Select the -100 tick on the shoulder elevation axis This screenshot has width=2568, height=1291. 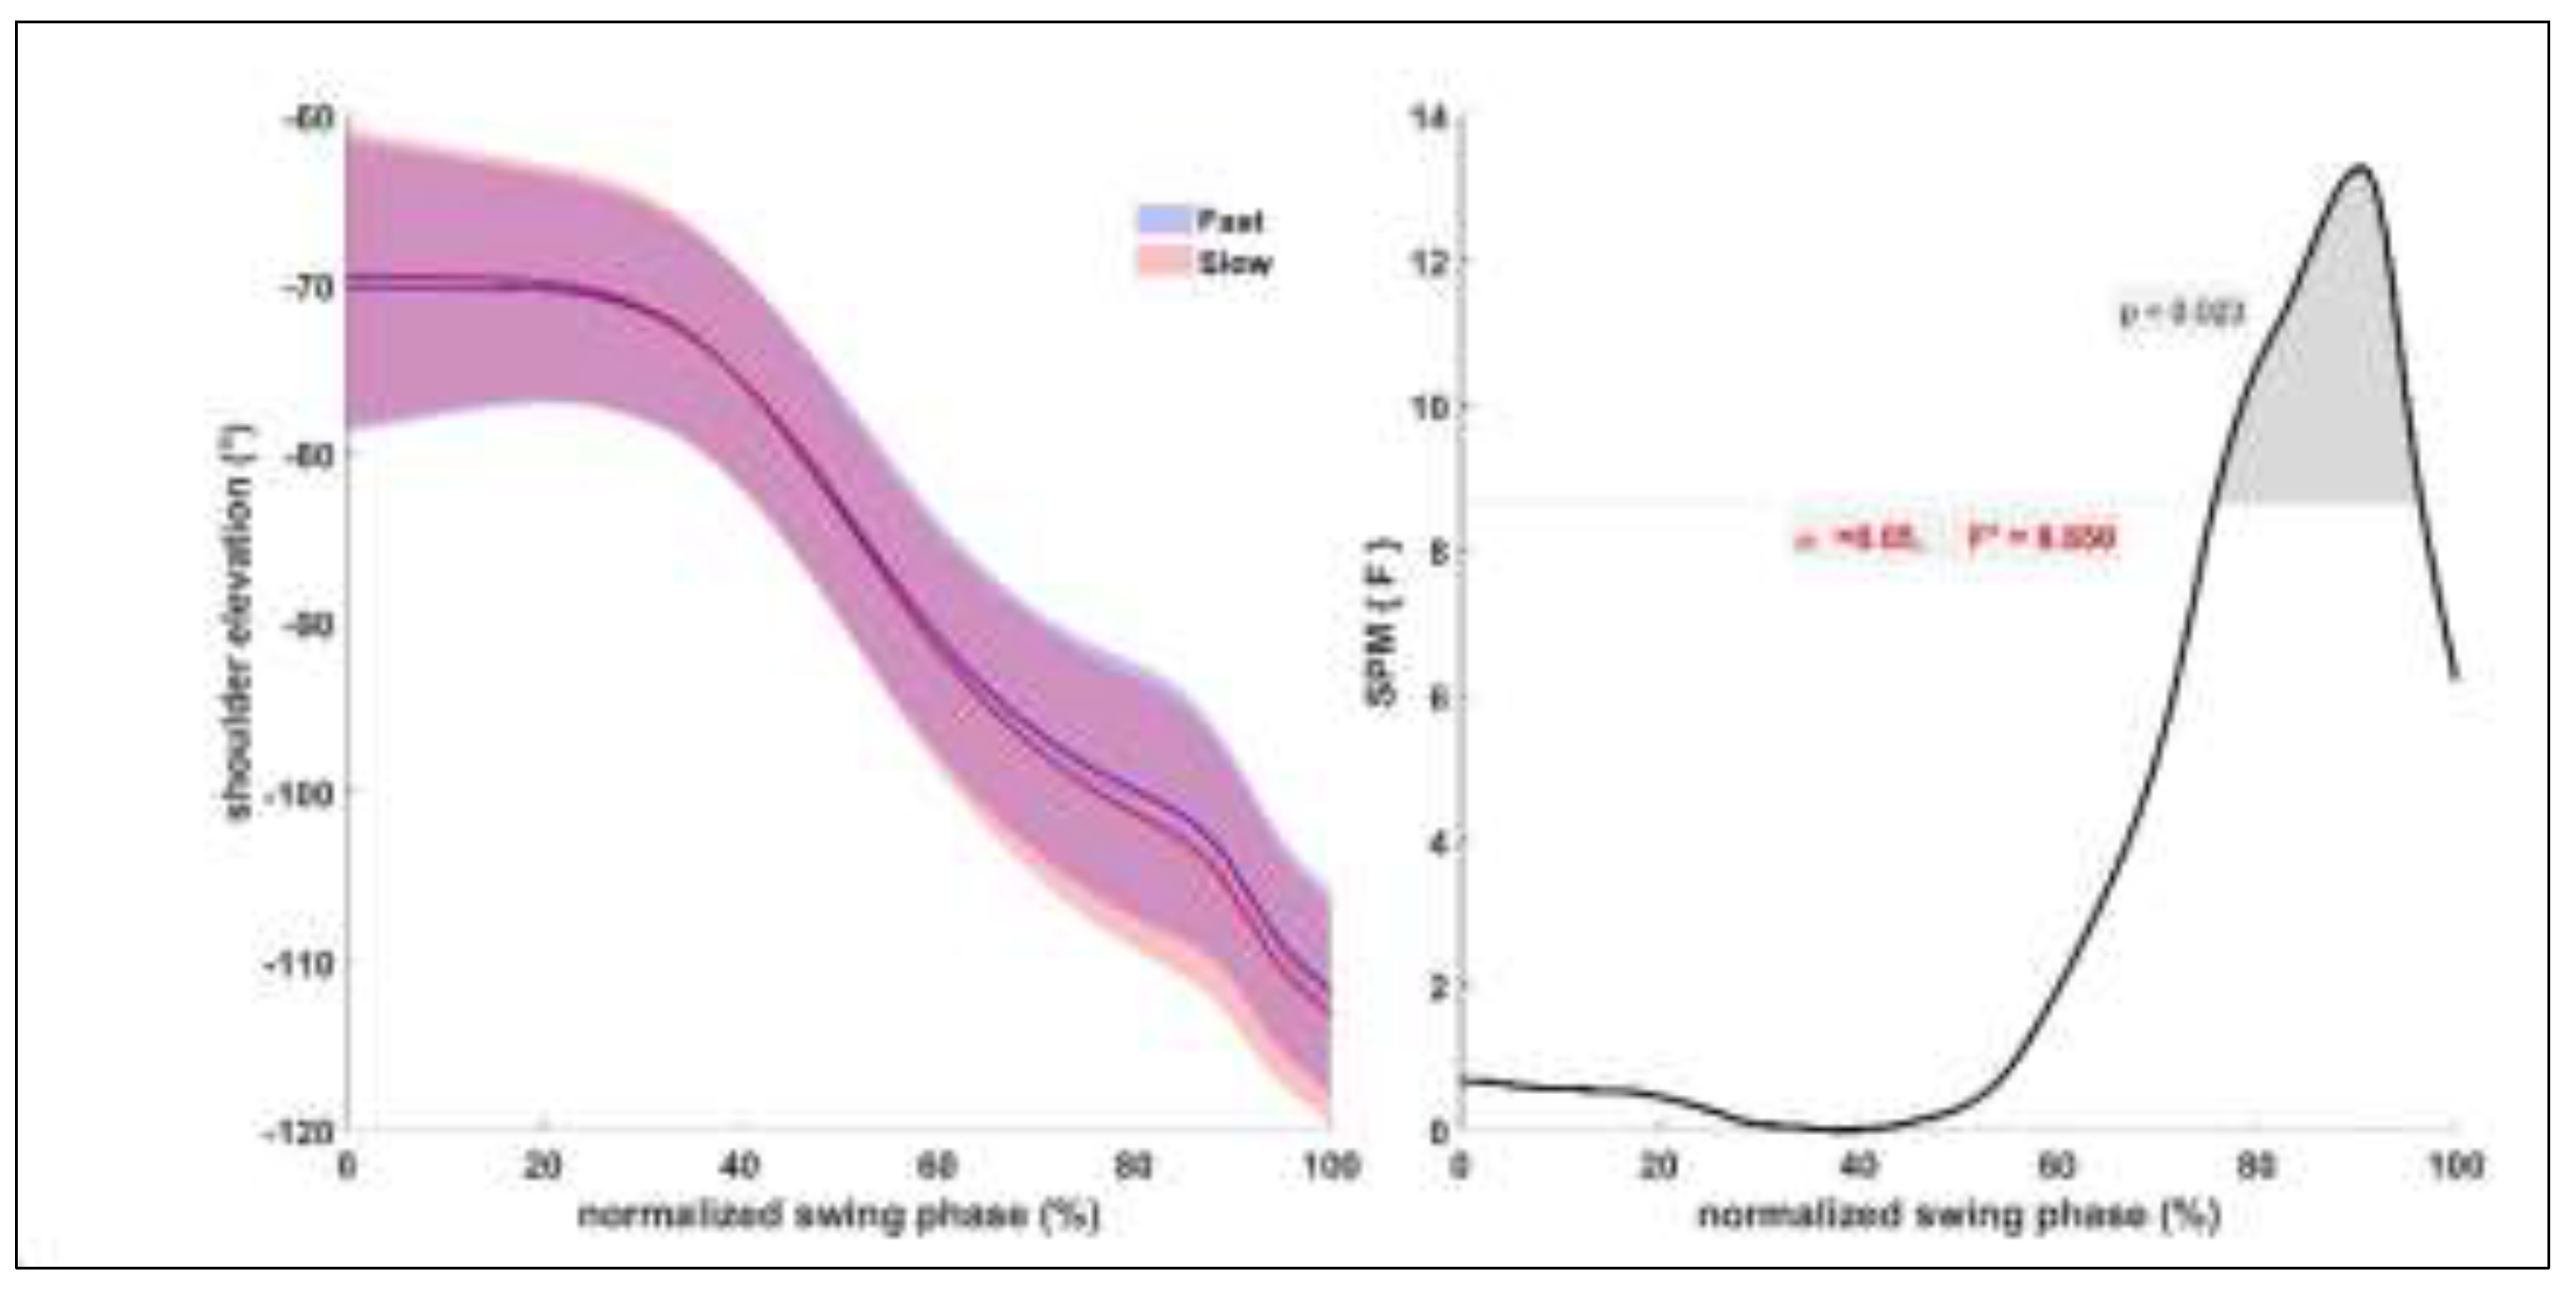[x=297, y=793]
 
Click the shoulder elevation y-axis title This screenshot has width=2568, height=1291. [x=240, y=623]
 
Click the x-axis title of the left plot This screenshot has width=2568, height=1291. [x=837, y=1215]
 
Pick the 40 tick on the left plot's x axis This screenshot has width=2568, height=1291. [x=739, y=1164]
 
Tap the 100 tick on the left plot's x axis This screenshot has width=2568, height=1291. [x=1330, y=1164]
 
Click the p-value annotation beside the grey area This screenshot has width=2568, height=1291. [x=2181, y=314]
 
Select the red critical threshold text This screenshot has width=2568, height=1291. [x=1954, y=539]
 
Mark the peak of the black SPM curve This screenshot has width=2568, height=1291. [x=2361, y=166]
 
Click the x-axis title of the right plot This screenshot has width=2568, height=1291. [x=1959, y=1215]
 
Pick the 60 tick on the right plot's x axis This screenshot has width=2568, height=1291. [x=2057, y=1164]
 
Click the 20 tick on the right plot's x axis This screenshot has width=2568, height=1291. [x=1659, y=1164]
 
